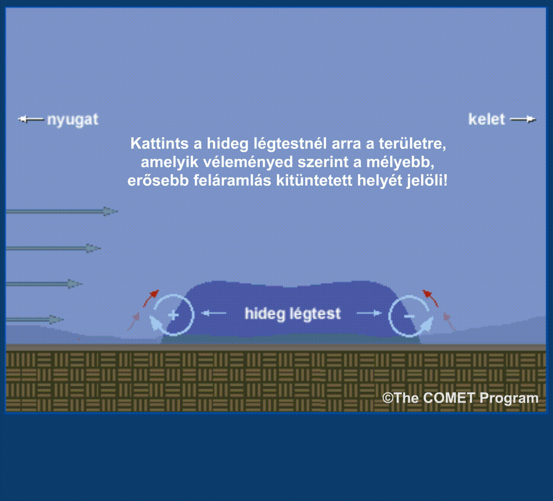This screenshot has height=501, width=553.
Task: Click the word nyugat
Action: tap(73, 120)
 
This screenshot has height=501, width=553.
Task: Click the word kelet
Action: tap(486, 119)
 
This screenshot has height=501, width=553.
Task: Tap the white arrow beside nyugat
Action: tap(31, 120)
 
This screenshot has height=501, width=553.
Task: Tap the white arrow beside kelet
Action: tap(523, 120)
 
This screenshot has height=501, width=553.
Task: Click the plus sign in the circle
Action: tap(173, 315)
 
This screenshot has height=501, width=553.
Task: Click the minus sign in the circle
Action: tap(409, 316)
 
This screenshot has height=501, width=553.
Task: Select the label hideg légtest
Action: tap(293, 314)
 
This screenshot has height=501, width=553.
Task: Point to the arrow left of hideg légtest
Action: tap(214, 313)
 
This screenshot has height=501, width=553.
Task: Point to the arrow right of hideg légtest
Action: tap(369, 313)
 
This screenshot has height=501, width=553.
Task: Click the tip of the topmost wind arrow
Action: tap(118, 212)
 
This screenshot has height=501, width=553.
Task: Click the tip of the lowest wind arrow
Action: tap(64, 320)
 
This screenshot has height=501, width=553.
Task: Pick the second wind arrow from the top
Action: tap(53, 248)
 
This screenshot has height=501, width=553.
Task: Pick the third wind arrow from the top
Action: tap(44, 284)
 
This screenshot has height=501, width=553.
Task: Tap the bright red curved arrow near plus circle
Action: tap(149, 298)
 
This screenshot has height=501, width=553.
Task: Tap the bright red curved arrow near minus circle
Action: tap(431, 297)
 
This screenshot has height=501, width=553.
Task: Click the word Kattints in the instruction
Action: tap(160, 143)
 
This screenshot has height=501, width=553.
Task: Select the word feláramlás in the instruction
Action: tap(232, 180)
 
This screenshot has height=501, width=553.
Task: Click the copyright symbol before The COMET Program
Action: tap(388, 398)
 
